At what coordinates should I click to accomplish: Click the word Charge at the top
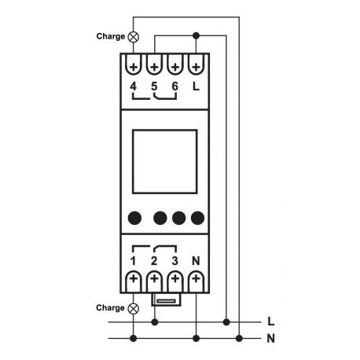[x=110, y=36]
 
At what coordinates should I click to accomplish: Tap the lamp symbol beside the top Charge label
[x=133, y=36]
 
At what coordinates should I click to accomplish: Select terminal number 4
[x=134, y=86]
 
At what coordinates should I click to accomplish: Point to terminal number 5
[x=154, y=86]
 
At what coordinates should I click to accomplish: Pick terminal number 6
[x=174, y=86]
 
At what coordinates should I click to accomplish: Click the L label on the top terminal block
[x=196, y=86]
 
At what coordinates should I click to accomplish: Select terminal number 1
[x=134, y=259]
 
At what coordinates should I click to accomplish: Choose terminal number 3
[x=174, y=259]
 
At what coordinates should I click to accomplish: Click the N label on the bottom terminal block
[x=196, y=259]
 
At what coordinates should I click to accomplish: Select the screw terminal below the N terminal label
[x=196, y=279]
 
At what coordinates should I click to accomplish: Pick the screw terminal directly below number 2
[x=154, y=279]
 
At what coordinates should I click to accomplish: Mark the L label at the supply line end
[x=270, y=321]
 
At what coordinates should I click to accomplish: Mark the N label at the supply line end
[x=270, y=339]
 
